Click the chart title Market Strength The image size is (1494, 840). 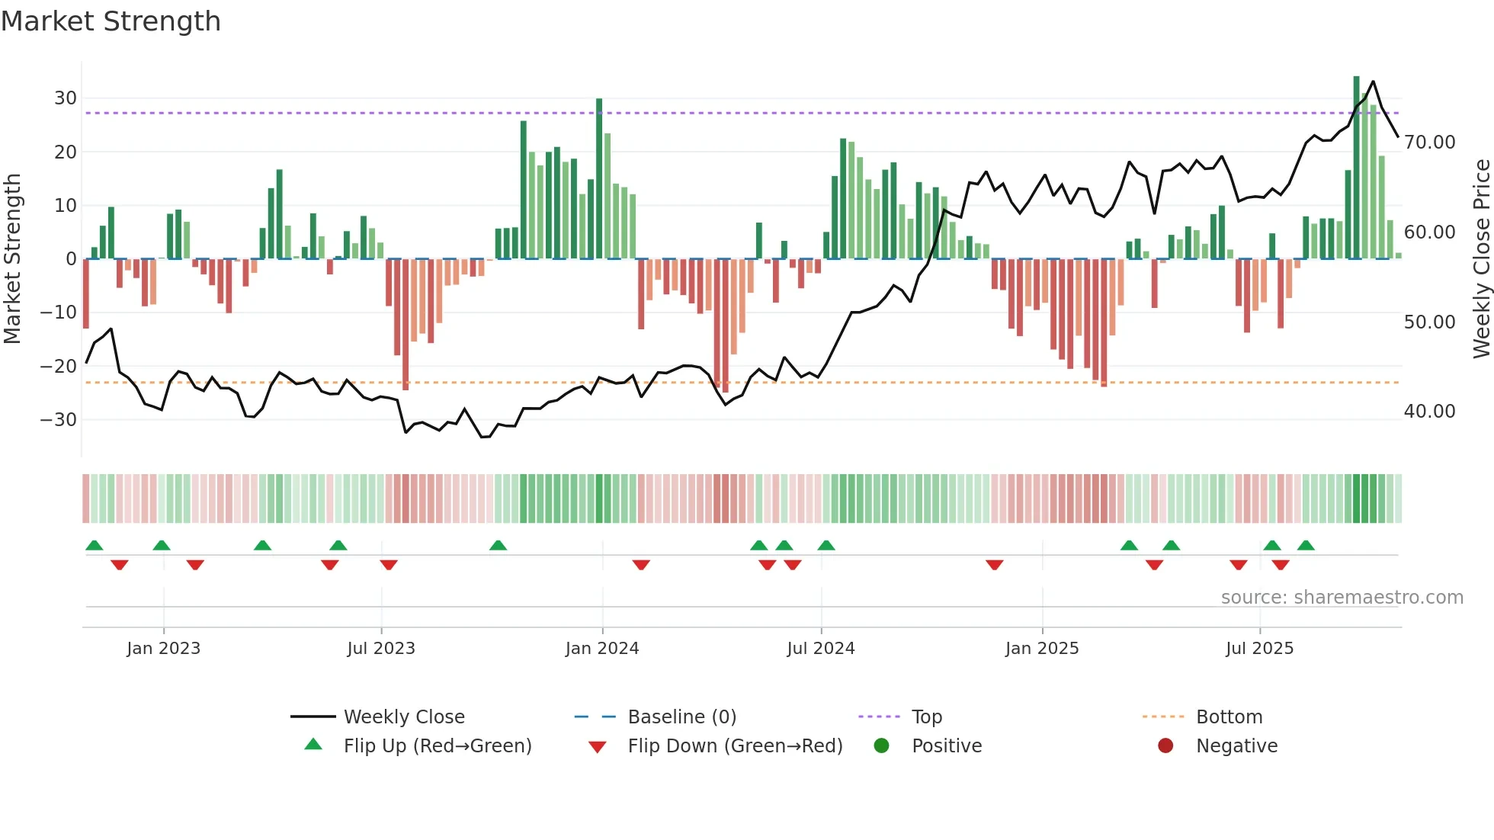point(111,21)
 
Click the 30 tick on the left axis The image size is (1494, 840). point(66,98)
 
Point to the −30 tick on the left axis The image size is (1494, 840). point(59,420)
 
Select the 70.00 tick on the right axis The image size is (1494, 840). point(1429,143)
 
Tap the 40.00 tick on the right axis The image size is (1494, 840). point(1429,412)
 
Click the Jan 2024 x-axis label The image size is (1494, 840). point(602,649)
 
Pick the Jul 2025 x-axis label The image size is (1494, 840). point(1259,649)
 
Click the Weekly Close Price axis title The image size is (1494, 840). point(1481,259)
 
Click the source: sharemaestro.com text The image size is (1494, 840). point(1342,598)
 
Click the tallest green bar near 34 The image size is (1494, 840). point(1356,168)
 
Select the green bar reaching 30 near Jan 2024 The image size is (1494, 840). point(599,179)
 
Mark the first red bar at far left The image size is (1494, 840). point(86,293)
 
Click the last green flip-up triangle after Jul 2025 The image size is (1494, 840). point(1306,546)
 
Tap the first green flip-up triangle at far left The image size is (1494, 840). point(95,546)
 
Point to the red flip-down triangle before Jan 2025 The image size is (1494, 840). point(994,565)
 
